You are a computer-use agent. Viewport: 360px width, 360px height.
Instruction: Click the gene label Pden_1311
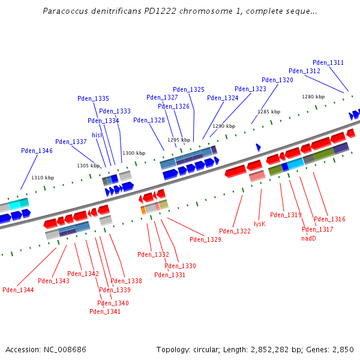328,62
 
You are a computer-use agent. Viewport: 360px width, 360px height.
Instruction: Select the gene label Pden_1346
37,151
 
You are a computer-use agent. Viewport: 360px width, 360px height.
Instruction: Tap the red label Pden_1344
18,290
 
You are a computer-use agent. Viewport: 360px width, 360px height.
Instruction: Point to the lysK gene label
259,223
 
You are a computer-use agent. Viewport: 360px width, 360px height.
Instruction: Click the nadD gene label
308,238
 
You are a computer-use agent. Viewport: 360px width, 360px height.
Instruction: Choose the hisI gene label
97,135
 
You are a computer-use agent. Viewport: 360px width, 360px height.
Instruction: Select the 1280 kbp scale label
313,97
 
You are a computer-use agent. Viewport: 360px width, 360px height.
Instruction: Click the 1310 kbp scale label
43,178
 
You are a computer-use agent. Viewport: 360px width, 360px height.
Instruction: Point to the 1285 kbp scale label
269,112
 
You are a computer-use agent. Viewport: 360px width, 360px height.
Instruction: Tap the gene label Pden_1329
205,239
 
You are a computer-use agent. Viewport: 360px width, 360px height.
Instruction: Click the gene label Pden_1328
149,120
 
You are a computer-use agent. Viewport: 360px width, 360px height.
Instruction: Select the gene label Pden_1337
71,142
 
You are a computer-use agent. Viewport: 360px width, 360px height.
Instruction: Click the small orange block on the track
143,210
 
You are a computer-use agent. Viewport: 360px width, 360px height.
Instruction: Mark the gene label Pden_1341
105,311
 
